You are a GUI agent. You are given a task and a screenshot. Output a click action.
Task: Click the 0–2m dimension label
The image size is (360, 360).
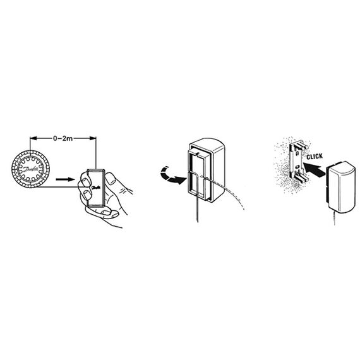[x=63, y=138]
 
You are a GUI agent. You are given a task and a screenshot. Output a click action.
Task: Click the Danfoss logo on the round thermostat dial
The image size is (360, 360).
[x=30, y=169]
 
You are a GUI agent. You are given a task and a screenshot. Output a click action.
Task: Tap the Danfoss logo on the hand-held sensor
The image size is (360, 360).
[x=96, y=188]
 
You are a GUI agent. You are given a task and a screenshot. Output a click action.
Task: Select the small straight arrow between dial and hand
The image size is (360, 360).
[x=66, y=179]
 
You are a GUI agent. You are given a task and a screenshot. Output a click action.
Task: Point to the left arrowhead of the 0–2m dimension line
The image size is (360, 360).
[x=33, y=138]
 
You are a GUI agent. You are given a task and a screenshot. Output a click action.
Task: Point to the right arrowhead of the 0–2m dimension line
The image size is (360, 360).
[x=93, y=138]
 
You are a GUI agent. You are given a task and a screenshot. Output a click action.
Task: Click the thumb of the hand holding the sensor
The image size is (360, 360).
[x=111, y=179]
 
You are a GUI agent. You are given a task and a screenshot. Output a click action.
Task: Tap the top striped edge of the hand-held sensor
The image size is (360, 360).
[x=96, y=170]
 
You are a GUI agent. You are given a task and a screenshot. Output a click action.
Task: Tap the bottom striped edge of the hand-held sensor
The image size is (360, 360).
[x=95, y=206]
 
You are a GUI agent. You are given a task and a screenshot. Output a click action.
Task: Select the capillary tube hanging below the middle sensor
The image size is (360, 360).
[x=197, y=209]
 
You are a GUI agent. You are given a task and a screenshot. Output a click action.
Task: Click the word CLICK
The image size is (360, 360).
[x=315, y=157]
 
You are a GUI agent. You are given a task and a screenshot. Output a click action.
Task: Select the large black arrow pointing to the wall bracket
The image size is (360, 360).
[x=314, y=170]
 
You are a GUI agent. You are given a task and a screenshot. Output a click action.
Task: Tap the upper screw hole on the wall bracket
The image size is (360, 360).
[x=297, y=153]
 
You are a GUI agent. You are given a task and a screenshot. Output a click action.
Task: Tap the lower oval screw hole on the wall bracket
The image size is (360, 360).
[x=297, y=166]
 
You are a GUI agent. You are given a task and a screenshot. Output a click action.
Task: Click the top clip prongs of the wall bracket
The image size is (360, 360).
[x=301, y=145]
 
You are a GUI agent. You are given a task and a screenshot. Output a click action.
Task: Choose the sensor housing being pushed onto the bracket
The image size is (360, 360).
[x=341, y=187]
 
